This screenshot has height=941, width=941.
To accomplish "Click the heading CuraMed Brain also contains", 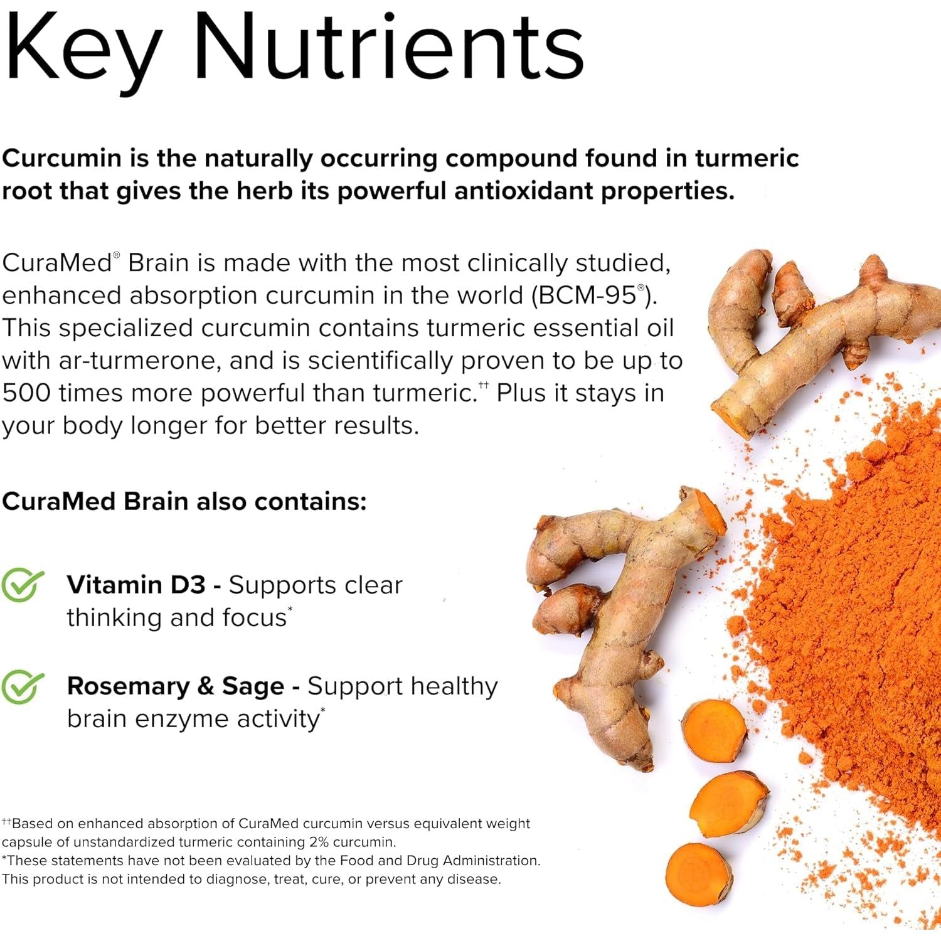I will click(x=183, y=502).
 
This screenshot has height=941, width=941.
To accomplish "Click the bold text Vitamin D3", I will click(x=136, y=585).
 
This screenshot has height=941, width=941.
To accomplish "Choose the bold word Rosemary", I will click(x=127, y=686).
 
